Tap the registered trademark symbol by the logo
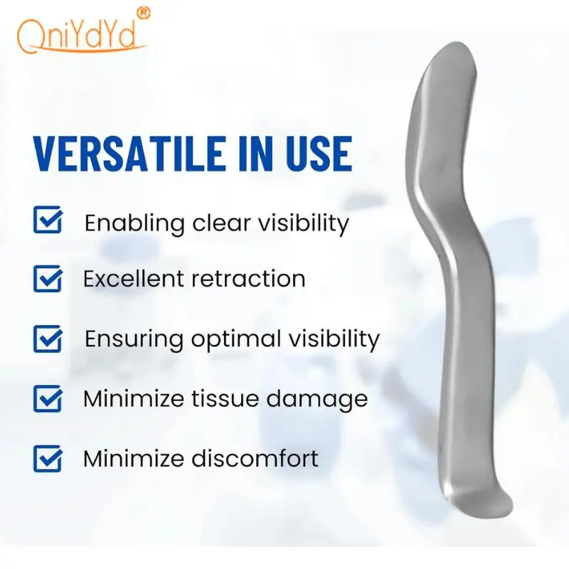pos(144,13)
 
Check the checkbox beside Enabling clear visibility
pos(48,220)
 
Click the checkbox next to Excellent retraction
pos(48,278)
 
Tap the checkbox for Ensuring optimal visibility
pos(48,339)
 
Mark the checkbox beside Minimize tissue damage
pos(48,398)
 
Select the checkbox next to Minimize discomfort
pos(48,458)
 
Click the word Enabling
pos(134,224)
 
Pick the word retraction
pos(248,279)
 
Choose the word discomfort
pos(255,458)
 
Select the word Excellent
pos(134,279)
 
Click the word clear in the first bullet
pos(221,223)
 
